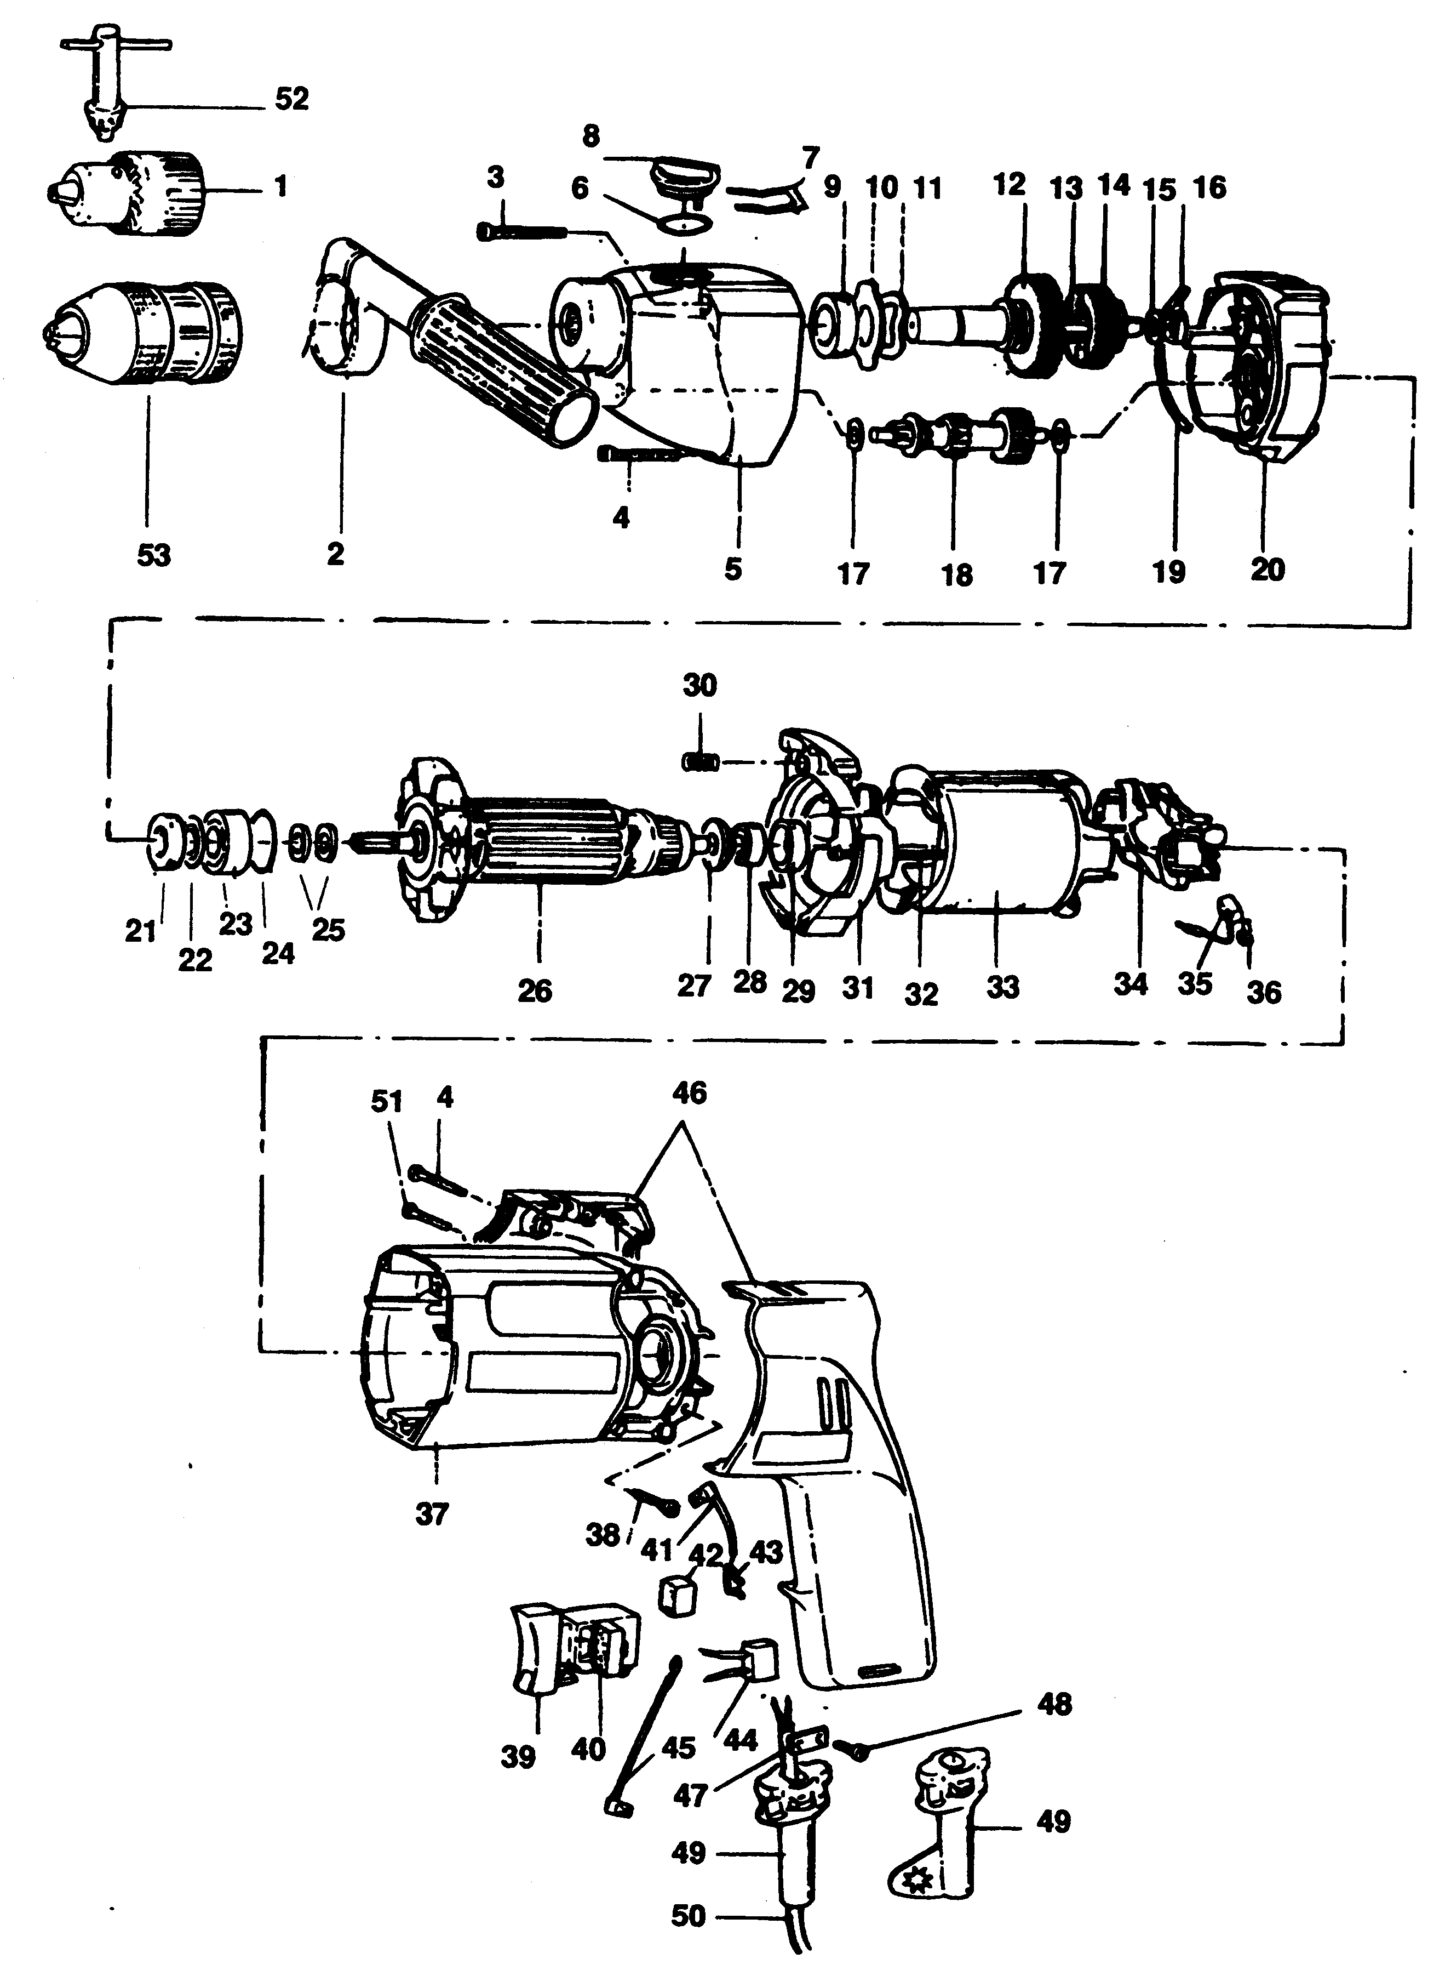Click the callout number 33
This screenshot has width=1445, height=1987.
point(1003,987)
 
